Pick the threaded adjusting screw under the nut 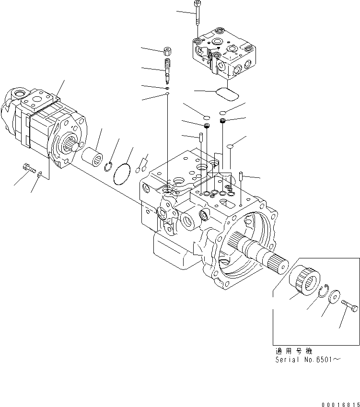tap(168, 68)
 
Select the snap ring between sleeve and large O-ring tap(108, 166)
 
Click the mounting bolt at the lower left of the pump tap(29, 168)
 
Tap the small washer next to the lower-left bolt tap(40, 175)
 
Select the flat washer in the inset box tap(335, 296)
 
